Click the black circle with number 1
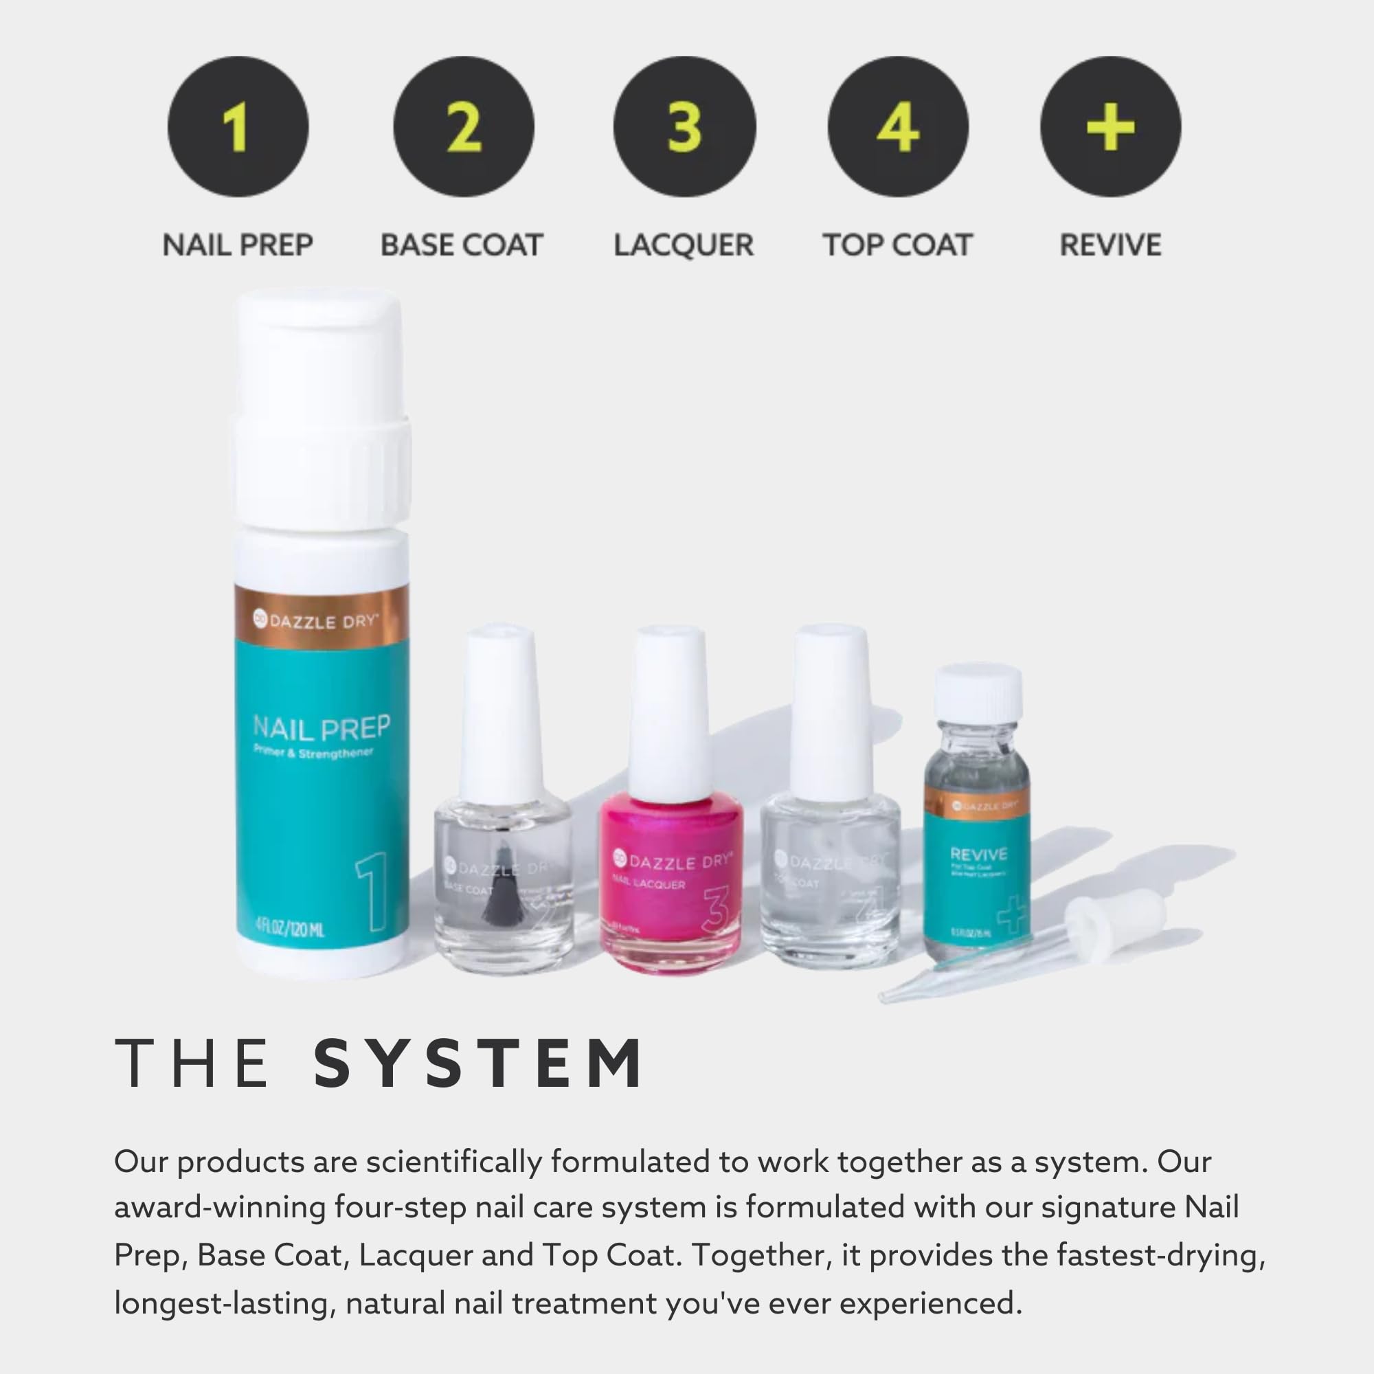tap(238, 126)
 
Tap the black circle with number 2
tap(463, 126)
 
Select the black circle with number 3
tap(684, 126)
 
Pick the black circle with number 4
tap(897, 126)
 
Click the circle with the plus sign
tap(1110, 126)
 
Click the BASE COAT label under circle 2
tap(462, 245)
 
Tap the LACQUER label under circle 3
tap(684, 245)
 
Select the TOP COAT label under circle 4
tap(897, 245)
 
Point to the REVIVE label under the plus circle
tap(1110, 245)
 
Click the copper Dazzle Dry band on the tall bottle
tap(322, 621)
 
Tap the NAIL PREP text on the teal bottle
tap(322, 728)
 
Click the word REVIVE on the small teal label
tap(978, 854)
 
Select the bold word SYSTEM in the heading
tap(479, 1064)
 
